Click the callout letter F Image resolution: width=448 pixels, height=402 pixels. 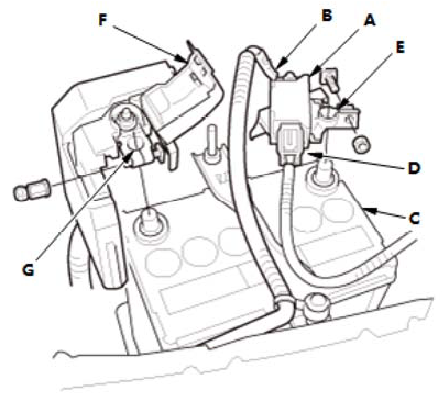(103, 20)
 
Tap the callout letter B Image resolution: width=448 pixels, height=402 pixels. (327, 15)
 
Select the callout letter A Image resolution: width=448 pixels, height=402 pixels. (370, 20)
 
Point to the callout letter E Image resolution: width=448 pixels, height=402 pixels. (400, 47)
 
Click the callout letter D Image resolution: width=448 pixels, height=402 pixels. (414, 168)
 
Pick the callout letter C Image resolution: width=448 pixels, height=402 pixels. (414, 218)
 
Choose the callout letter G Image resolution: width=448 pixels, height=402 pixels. (28, 270)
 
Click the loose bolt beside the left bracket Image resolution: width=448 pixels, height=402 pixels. (30, 189)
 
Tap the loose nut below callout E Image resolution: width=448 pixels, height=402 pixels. (362, 144)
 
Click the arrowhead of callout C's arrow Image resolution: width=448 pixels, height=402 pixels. (369, 210)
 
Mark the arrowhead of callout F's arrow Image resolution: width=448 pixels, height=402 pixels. (183, 60)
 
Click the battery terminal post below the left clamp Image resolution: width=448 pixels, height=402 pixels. (149, 223)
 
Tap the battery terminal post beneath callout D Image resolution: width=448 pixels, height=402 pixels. (322, 172)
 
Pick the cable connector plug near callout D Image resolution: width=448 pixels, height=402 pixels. (290, 144)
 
